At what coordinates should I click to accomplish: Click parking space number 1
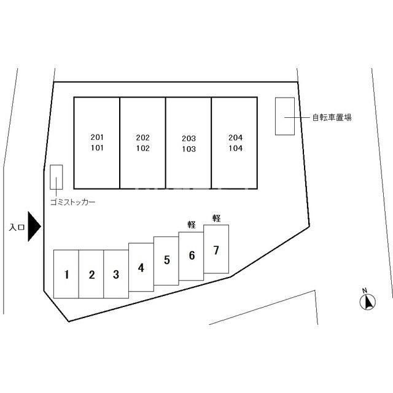point(66,274)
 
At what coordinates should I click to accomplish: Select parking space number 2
point(91,274)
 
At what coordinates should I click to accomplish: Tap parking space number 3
point(116,274)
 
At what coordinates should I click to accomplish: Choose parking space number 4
point(141,267)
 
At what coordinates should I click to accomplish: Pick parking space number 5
point(166,261)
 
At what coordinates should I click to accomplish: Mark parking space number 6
point(191,256)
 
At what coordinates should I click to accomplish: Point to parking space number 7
point(216,249)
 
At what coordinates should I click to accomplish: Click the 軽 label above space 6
point(192,225)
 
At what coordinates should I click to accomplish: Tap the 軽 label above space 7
point(217,218)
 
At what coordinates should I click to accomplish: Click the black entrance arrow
point(34,227)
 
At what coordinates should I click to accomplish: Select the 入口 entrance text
point(17,227)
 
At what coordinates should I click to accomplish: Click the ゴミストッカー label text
point(72,202)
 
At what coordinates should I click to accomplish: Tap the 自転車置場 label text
point(332,117)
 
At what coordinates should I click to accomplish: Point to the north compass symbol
point(367,300)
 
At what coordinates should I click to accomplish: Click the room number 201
point(97,137)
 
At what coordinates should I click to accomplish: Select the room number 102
point(143,148)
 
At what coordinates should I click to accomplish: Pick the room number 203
point(189,138)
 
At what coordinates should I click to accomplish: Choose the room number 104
point(235,148)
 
